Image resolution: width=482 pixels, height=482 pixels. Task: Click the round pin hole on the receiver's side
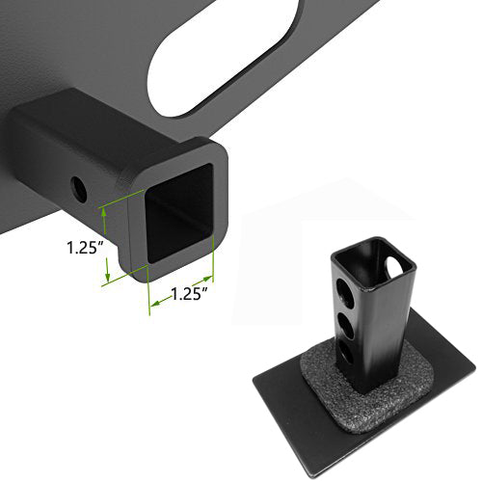click(79, 189)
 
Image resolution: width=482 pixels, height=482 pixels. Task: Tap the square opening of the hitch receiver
click(178, 214)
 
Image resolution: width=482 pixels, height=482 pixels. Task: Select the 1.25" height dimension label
click(85, 248)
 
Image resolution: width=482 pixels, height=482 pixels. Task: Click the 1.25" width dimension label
click(189, 294)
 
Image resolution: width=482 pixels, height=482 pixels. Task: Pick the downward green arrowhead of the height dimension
click(108, 275)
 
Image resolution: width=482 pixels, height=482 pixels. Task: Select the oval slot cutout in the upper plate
click(225, 58)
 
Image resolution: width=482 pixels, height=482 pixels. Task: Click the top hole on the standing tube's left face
click(344, 290)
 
